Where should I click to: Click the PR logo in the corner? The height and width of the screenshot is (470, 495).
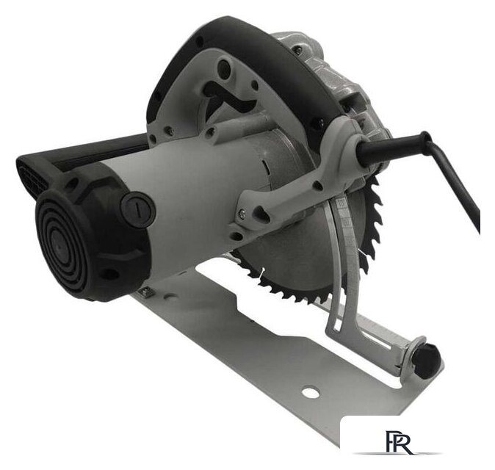398,441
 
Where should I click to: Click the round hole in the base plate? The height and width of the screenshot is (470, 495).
311,392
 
